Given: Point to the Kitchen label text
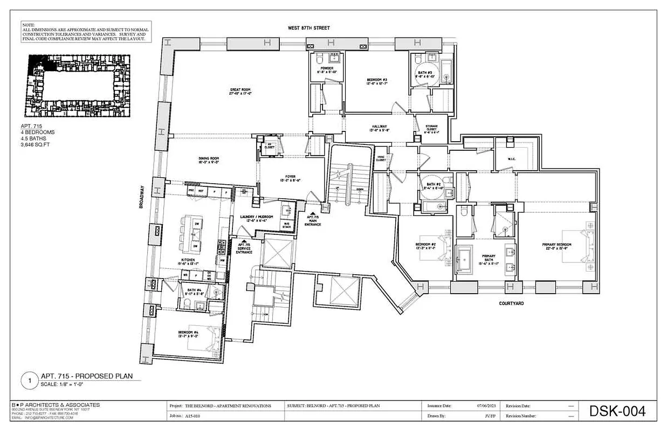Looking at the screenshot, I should click(188, 260).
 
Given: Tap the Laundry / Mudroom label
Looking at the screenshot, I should click(257, 217).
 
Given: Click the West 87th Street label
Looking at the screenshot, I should click(309, 27).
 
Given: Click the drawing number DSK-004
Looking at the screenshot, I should click(617, 412).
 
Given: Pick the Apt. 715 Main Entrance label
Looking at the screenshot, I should click(313, 219).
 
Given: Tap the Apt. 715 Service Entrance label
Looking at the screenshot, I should click(244, 248).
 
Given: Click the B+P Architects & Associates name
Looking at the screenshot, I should click(56, 405).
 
